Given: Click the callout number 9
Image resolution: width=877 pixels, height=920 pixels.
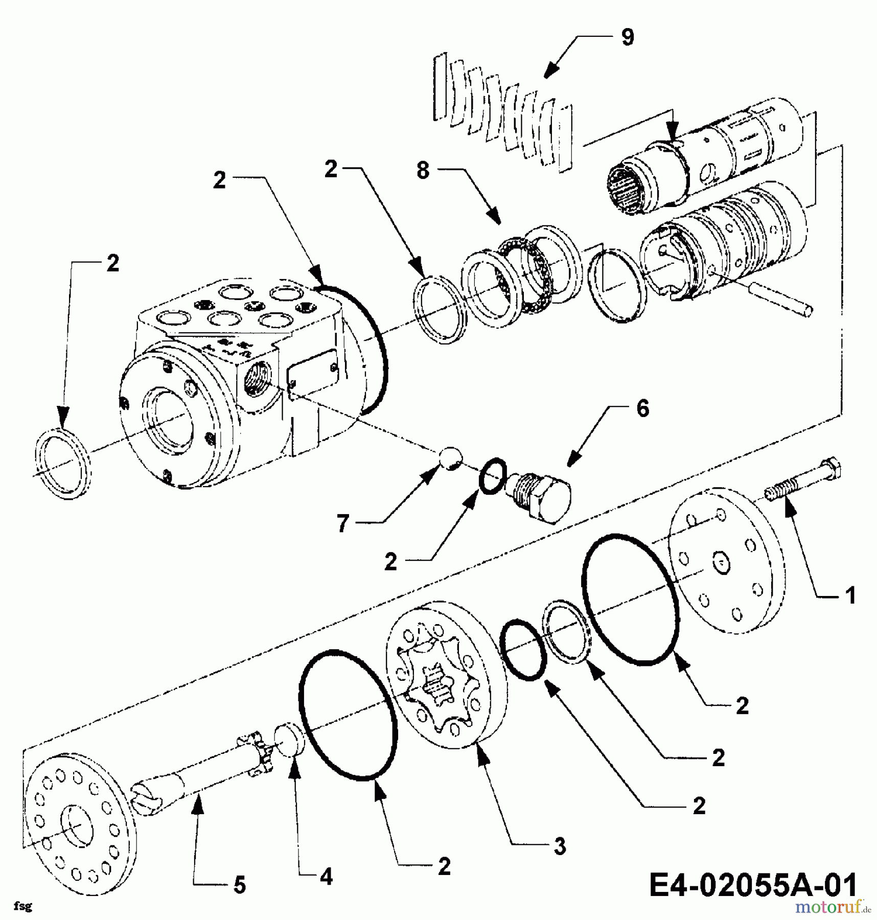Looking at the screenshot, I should [627, 37].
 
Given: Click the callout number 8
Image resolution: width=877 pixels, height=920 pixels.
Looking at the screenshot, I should [423, 171].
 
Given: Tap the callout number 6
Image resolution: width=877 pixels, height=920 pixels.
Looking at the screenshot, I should [642, 409].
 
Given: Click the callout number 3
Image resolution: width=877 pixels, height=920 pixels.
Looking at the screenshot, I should [560, 847].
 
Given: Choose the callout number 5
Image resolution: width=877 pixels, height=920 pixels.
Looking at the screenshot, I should [240, 885].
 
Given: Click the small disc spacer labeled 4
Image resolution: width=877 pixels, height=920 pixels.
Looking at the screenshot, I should [290, 739].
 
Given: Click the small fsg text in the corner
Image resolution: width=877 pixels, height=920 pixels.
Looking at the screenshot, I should [22, 906].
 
